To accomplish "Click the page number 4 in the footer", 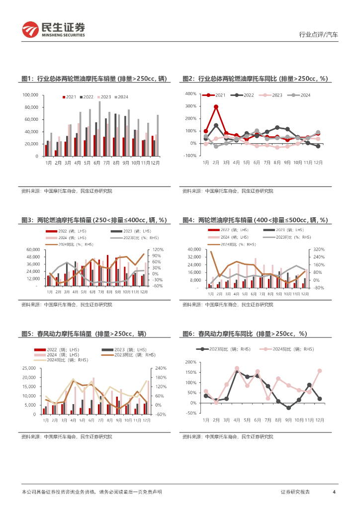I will (x=334, y=492).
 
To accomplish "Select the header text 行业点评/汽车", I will (x=318, y=35).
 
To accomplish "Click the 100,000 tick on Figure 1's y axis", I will (x=31, y=95).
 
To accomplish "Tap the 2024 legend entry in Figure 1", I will (x=121, y=96).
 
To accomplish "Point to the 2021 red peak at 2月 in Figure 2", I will (x=216, y=106).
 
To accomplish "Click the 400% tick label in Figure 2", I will (x=190, y=94).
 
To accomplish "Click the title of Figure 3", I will (x=94, y=220).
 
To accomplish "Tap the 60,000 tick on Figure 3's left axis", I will (x=32, y=250).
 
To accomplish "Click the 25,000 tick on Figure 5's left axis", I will (x=29, y=368).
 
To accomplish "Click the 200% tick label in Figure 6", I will (x=191, y=362).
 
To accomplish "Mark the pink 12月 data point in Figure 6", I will (x=319, y=371).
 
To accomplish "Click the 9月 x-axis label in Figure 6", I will (x=288, y=420).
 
